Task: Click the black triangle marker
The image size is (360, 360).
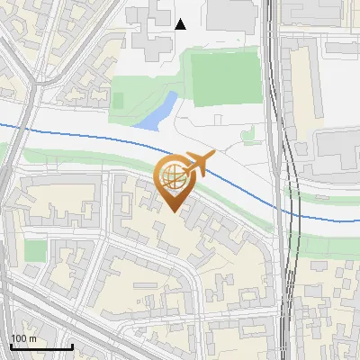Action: [181, 24]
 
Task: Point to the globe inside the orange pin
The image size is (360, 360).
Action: [172, 176]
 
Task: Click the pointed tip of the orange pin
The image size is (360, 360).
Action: [173, 211]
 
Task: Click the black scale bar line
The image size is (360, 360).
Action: [40, 347]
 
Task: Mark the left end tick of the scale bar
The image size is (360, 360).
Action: [10, 346]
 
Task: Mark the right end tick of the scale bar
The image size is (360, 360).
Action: [72, 346]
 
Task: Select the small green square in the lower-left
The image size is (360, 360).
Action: [35, 250]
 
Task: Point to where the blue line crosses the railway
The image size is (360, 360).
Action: [290, 211]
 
